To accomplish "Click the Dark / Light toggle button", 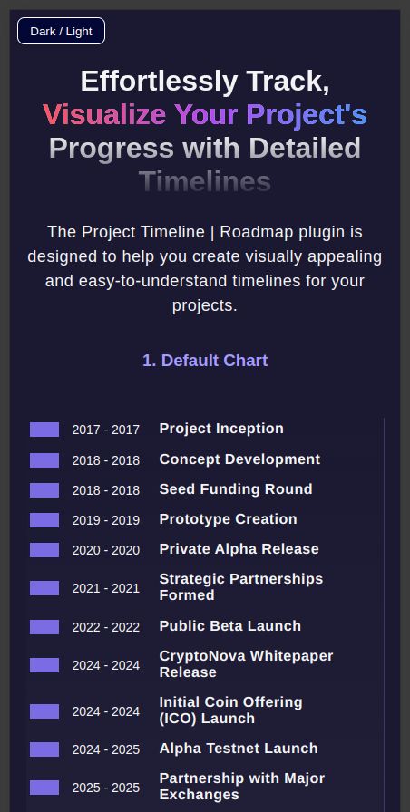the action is point(61,31).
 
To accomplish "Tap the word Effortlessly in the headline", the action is point(159,82).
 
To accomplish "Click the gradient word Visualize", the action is point(104,114).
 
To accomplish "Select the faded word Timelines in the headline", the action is point(205,182).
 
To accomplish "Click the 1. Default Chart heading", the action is point(205,361).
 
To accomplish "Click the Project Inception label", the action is point(221,429).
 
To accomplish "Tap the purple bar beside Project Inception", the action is point(44,430).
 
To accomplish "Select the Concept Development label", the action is point(239,459).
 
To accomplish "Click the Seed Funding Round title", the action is point(236,489).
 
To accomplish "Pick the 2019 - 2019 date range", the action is point(106,520).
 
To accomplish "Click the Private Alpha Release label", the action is point(239,549).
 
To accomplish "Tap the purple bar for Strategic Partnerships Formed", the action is point(44,588).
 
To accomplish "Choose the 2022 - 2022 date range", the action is point(106,628).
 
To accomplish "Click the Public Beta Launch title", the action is point(230,626).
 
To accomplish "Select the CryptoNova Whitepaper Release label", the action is point(246,664).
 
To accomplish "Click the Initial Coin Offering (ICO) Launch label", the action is point(230,710).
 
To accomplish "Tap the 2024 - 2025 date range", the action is point(106,749).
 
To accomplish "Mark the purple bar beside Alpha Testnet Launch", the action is point(44,749).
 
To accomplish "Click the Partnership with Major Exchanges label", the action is point(242,786).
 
